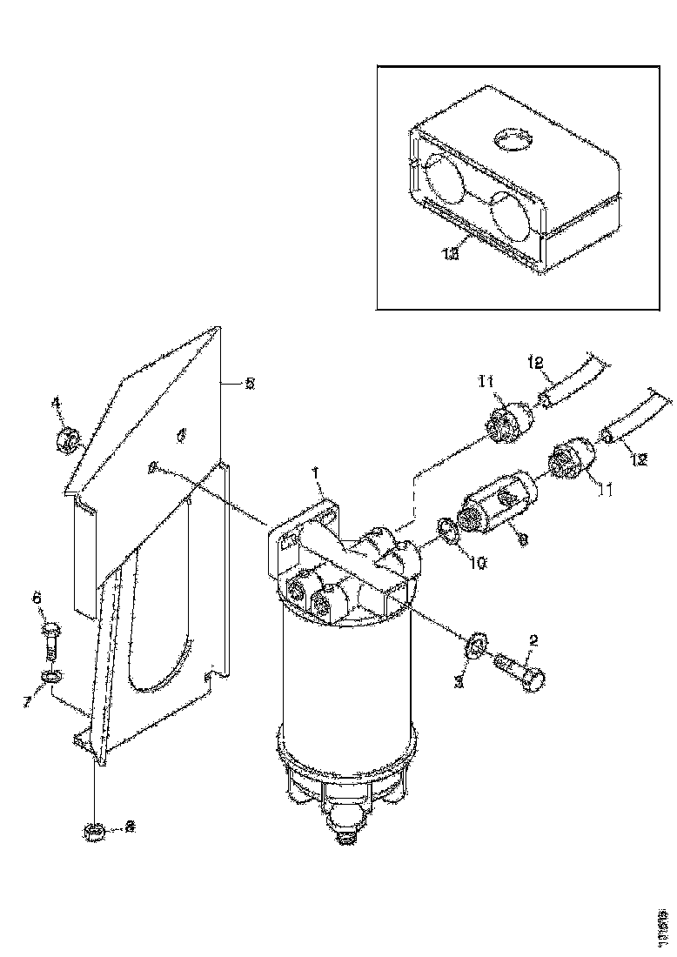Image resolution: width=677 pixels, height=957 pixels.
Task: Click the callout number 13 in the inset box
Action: (449, 252)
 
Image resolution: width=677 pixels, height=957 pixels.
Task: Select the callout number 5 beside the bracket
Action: (251, 383)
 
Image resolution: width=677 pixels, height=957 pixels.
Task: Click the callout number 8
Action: (128, 827)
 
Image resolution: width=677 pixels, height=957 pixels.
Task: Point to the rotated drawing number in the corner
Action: (663, 920)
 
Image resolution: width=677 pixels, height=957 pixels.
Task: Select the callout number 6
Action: (37, 598)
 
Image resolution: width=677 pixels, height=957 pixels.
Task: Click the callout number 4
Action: (56, 403)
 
